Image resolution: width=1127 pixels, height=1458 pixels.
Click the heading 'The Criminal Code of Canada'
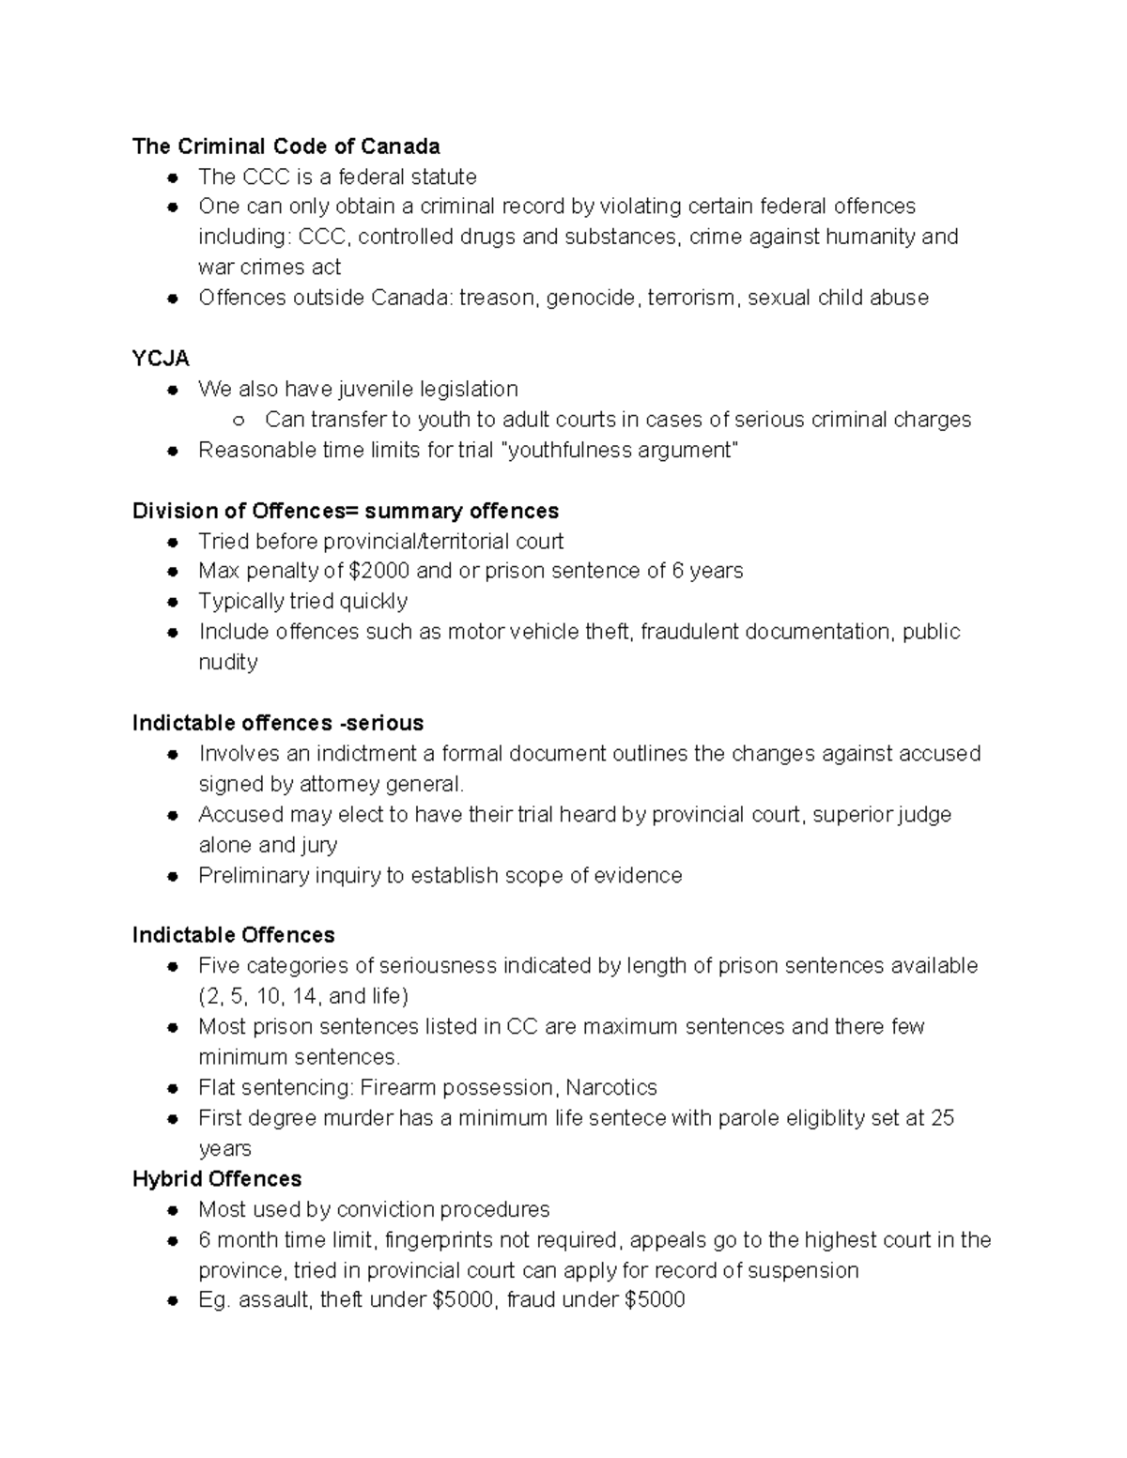coord(286,146)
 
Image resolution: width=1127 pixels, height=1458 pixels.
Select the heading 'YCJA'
coord(161,359)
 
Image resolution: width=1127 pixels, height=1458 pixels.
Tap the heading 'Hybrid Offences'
coord(217,1179)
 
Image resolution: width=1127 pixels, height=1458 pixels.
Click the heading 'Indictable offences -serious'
coord(278,723)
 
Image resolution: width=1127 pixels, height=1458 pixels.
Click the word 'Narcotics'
coord(611,1087)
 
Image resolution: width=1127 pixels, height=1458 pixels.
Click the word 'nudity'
coord(228,662)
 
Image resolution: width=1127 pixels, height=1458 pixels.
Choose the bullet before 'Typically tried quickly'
coord(172,602)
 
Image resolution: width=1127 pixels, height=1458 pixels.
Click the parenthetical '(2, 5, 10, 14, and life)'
coord(303,996)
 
